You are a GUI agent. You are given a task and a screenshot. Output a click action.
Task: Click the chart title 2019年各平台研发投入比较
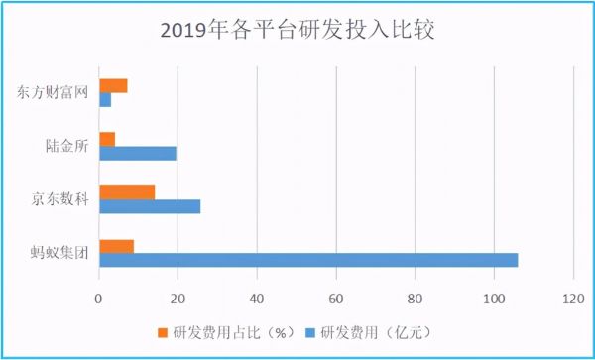pos(297,31)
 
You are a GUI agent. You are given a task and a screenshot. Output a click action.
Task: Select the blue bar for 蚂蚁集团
pos(307,260)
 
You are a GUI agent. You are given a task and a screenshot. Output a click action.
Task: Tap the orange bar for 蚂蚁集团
pos(116,246)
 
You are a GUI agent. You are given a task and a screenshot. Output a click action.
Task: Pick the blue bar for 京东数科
pos(149,206)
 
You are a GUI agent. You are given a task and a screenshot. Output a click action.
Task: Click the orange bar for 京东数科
pos(127,192)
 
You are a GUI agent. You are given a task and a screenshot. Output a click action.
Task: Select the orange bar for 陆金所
pos(107,139)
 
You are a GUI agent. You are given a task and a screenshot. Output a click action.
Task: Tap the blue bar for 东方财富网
pos(104,99)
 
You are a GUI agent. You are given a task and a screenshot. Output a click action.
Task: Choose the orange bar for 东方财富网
pos(113,85)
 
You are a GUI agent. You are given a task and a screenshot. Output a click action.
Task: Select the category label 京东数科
pos(59,199)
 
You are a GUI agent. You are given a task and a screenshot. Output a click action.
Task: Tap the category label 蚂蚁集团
pos(59,253)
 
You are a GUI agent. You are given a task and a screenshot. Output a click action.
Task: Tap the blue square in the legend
pos(305,332)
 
